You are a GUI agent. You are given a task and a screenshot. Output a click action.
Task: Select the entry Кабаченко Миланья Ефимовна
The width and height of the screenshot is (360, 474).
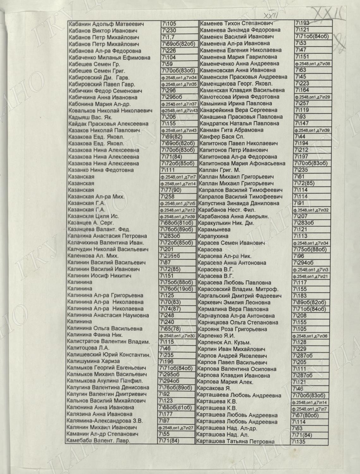(109, 58)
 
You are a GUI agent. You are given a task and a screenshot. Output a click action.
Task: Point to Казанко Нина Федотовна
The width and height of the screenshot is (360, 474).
(101, 170)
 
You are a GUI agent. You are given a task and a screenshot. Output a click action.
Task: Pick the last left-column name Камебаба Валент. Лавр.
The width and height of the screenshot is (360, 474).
(98, 441)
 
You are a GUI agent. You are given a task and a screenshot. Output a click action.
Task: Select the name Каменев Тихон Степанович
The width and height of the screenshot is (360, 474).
(236, 23)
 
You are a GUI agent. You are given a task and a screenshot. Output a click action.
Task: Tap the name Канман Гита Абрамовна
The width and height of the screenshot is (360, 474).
(232, 130)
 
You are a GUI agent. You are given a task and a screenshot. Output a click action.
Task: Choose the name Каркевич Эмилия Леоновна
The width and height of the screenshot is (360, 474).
(234, 302)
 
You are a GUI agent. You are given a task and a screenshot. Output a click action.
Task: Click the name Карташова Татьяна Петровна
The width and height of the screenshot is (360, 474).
(235, 441)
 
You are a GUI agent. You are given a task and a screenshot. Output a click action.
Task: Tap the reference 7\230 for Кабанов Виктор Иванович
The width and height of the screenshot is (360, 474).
(169, 31)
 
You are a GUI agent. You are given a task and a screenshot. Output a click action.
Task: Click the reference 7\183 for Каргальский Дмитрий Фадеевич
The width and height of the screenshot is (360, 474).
(300, 296)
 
